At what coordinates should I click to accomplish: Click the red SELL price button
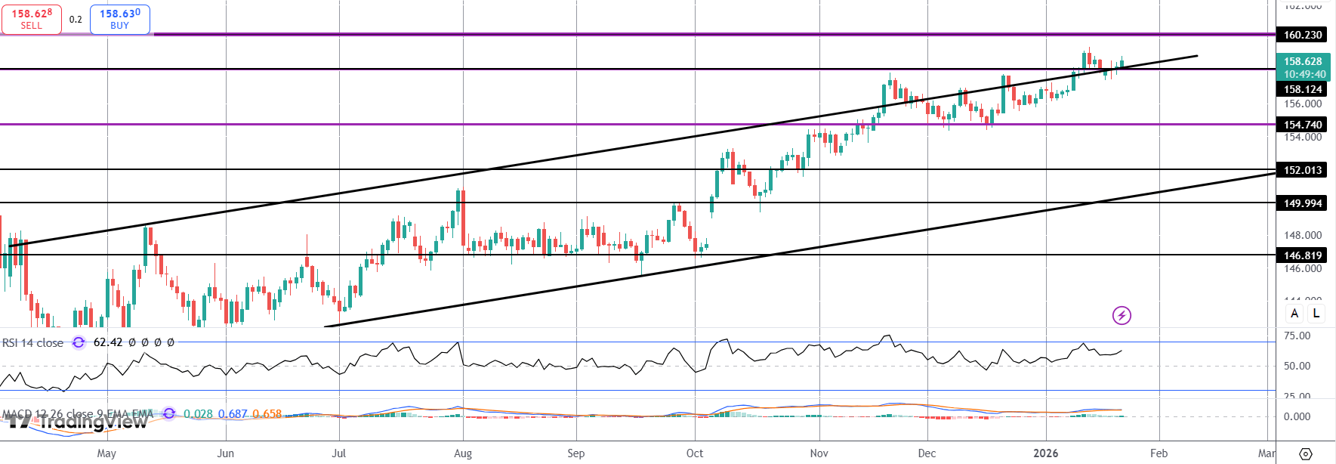32,19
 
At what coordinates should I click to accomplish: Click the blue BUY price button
120,19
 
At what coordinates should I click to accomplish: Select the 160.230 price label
1303,35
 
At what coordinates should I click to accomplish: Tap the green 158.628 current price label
1303,62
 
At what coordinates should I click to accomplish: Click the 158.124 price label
1303,89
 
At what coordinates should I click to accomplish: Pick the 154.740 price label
1303,125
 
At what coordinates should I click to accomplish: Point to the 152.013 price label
1303,170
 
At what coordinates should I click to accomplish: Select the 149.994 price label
1303,203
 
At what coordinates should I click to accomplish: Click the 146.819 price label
1303,255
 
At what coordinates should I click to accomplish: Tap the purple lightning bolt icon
1122,315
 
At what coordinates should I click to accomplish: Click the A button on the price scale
1294,313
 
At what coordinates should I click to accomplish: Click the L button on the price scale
1316,313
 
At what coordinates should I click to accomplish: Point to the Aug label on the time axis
463,453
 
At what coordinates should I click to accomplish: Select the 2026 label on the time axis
1046,453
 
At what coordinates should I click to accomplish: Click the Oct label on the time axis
695,453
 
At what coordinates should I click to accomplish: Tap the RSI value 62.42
108,342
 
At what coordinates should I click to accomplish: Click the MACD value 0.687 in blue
233,414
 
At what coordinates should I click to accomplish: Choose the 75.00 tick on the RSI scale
1297,336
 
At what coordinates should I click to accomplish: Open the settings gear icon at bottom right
1305,453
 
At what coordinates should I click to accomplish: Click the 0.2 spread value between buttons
76,20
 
